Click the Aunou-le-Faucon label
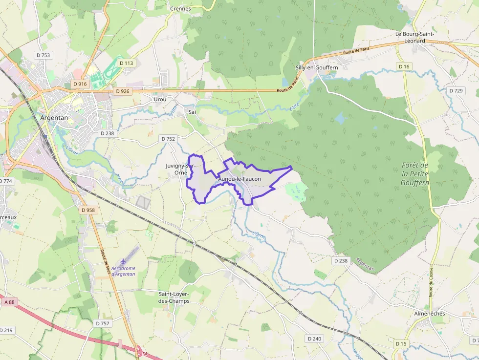coord(239,179)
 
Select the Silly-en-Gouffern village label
coord(317,67)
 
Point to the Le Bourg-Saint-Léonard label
coord(414,37)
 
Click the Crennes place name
coord(180,9)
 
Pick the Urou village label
coord(160,99)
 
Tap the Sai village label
coord(192,112)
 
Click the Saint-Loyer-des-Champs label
coord(174,297)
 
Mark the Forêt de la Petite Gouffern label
coord(414,174)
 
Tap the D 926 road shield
coord(122,91)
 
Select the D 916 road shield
coord(80,84)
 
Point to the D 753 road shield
coord(43,55)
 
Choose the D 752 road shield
coord(168,139)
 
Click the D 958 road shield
coord(88,210)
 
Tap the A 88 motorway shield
coord(9,302)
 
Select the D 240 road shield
coord(315,339)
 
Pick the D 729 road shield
coord(456,91)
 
